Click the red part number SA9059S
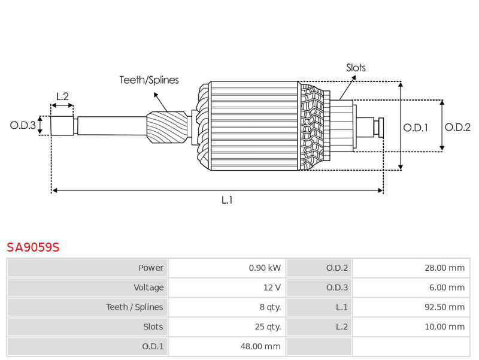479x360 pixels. coord(33,247)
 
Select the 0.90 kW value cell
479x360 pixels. coord(265,268)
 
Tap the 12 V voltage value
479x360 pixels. coord(272,288)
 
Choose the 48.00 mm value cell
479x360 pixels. coord(260,346)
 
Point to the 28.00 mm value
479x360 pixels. coord(444,268)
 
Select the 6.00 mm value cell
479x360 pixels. coord(447,288)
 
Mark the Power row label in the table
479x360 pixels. coord(151,268)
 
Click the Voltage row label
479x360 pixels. coord(148,288)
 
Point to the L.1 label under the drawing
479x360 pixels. coord(227,200)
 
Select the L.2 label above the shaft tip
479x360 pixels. coord(62,96)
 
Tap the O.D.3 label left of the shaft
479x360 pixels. coord(23,125)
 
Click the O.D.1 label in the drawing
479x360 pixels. coord(416,127)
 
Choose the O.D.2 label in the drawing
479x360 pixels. coord(457,127)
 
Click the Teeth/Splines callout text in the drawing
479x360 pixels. coord(149,80)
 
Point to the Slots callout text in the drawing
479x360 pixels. coord(356,68)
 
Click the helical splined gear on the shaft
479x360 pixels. coord(167,127)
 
